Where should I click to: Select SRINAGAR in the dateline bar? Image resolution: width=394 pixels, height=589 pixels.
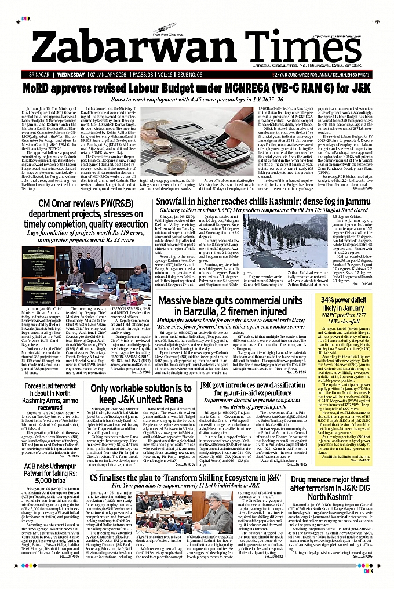44,75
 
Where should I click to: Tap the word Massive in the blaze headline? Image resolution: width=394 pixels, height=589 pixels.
181,301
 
